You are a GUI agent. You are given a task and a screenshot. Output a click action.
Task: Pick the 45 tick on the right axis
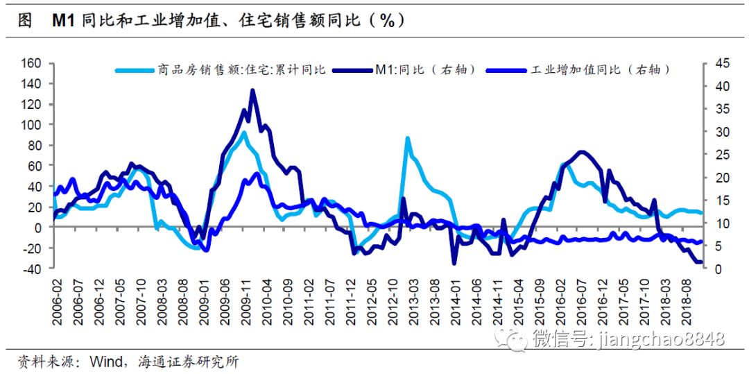[717, 63]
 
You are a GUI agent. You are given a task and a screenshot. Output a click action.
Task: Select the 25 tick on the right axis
[717, 155]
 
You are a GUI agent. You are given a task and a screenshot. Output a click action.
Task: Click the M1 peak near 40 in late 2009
[252, 90]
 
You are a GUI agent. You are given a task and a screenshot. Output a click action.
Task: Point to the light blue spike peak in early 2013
[407, 137]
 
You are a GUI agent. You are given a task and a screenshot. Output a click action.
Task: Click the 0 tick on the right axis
[714, 269]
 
